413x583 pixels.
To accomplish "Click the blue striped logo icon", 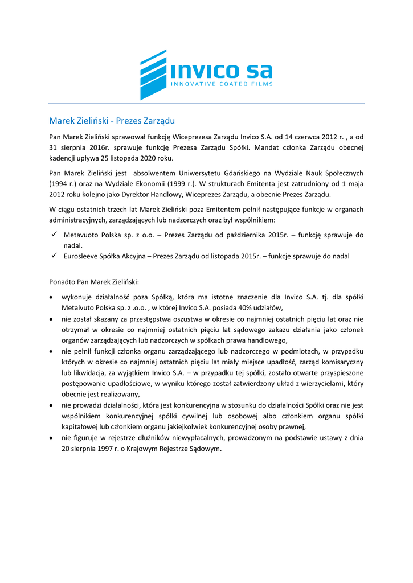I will (x=153, y=74).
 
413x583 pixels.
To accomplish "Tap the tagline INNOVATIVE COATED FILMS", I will (x=222, y=84).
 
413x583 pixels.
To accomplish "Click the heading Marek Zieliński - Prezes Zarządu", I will (x=112, y=121).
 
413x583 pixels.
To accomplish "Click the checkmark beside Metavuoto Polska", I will (x=53, y=235).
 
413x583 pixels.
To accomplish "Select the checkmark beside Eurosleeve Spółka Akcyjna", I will (x=53, y=256).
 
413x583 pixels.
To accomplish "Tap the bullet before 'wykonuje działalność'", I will (x=52, y=298).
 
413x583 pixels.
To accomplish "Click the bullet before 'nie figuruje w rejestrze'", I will (x=52, y=438).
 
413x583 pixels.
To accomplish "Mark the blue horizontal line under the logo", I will (x=206, y=104).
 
